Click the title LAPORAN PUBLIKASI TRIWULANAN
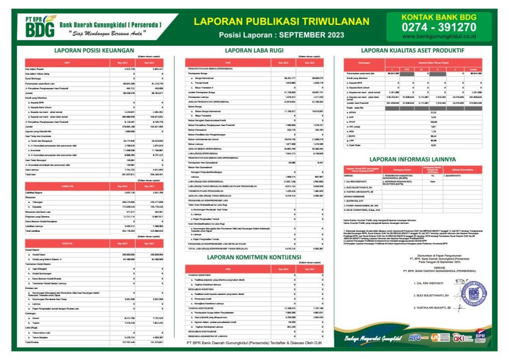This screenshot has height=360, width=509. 281,21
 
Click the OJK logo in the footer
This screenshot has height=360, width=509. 455,338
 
